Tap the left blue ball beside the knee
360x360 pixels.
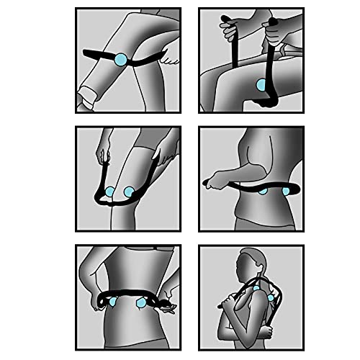pyautogui.click(x=109, y=192)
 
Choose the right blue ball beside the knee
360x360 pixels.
pyautogui.click(x=129, y=192)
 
